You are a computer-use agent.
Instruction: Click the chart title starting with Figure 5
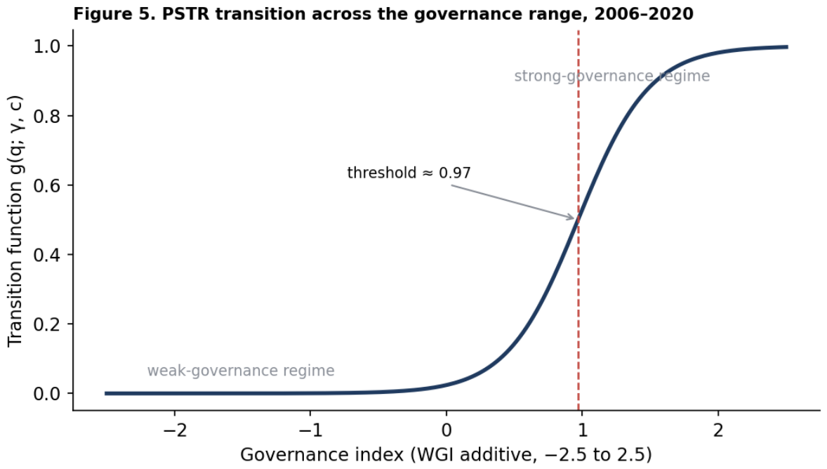(x=383, y=14)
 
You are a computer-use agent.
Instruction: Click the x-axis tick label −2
(x=175, y=430)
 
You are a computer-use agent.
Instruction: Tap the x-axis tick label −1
(x=310, y=430)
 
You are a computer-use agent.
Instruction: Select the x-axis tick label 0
(x=446, y=430)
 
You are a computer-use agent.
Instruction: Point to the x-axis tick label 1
(x=582, y=430)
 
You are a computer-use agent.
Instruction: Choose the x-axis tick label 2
(x=717, y=430)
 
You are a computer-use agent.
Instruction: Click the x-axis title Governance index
(x=446, y=454)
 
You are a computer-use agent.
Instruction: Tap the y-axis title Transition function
(x=15, y=221)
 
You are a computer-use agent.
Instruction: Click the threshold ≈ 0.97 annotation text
(x=409, y=173)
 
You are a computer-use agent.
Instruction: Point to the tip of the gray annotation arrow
(x=574, y=218)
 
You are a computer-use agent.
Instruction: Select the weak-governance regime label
(x=241, y=371)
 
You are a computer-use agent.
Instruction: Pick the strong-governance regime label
(x=611, y=77)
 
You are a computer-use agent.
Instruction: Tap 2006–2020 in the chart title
(x=644, y=14)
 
